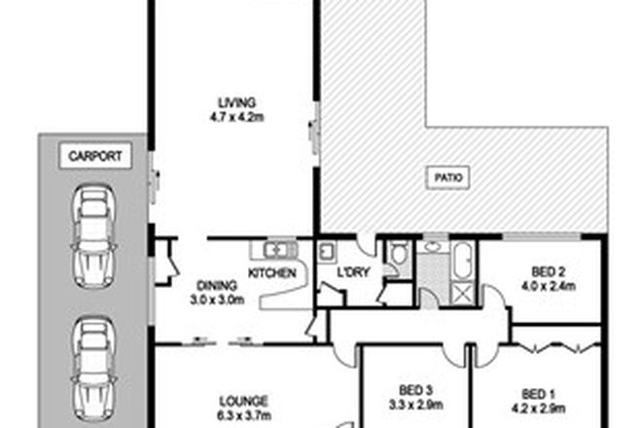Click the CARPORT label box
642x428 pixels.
(x=93, y=155)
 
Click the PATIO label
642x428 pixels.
(x=447, y=178)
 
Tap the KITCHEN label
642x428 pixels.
(x=272, y=274)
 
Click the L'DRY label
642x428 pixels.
(x=352, y=274)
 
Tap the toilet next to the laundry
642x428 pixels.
(x=397, y=255)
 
